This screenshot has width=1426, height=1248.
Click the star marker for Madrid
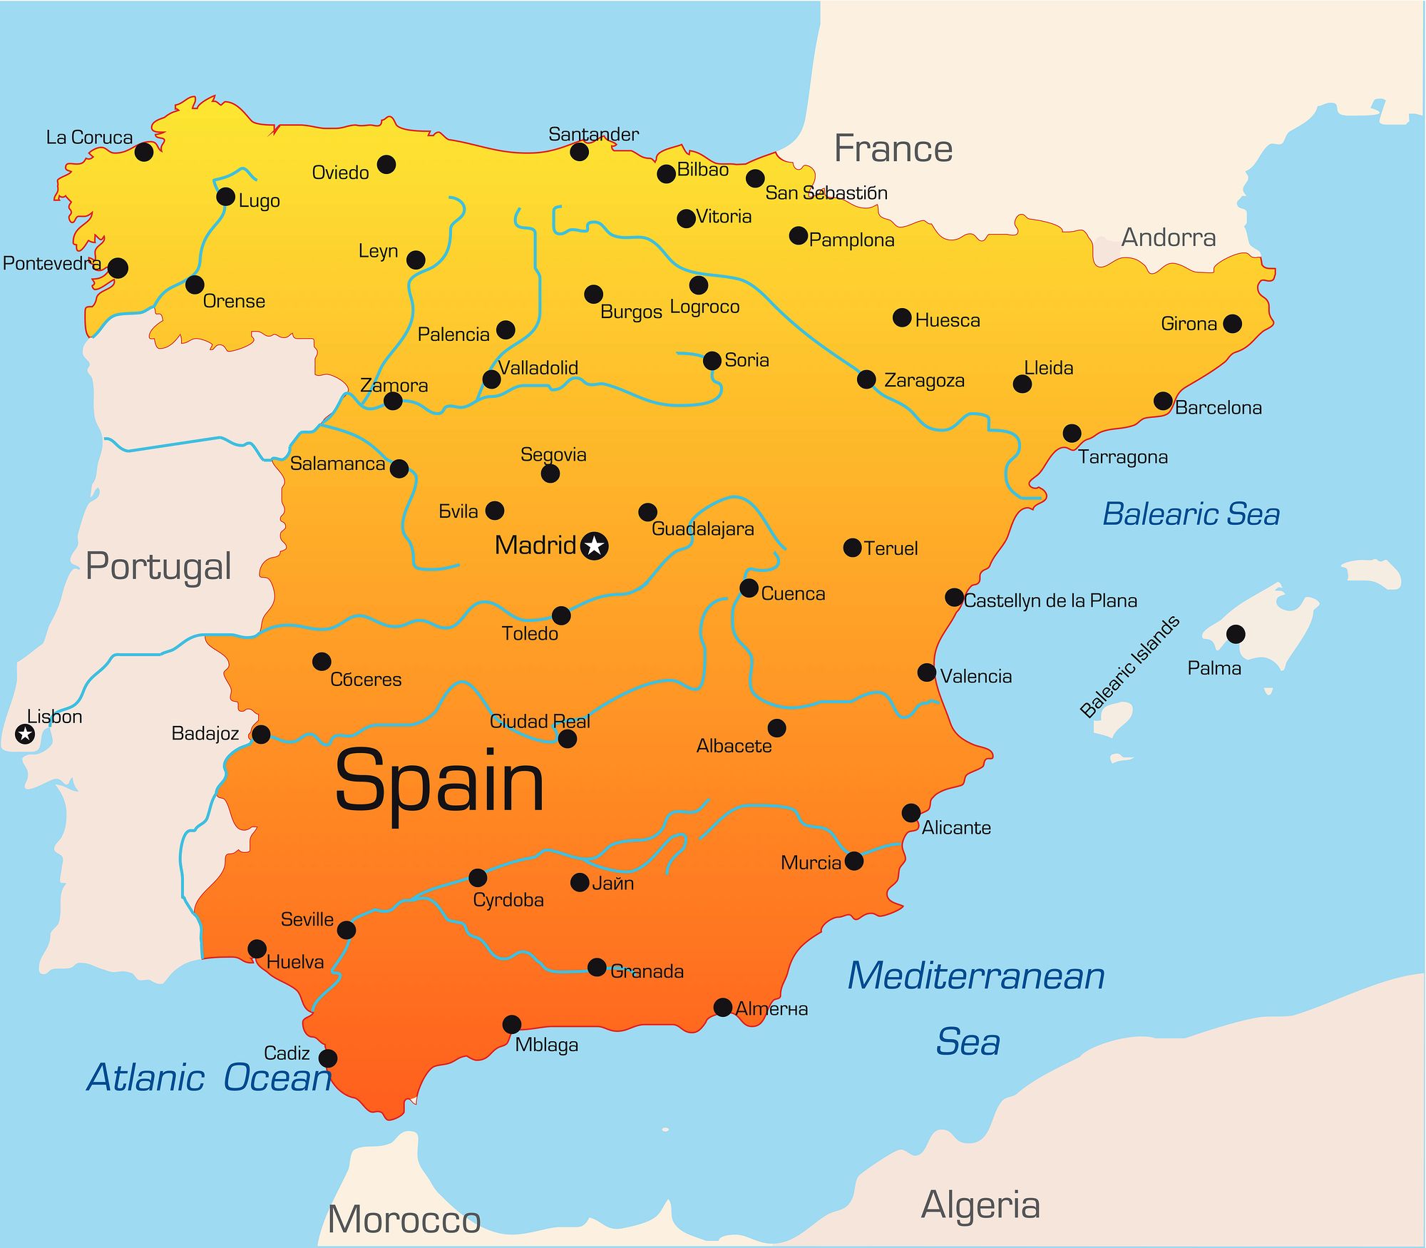pyautogui.click(x=594, y=546)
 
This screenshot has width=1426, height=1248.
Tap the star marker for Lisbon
pyautogui.click(x=25, y=733)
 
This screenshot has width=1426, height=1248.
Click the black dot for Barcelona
pyautogui.click(x=1163, y=401)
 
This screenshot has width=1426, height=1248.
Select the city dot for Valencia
pyautogui.click(x=927, y=672)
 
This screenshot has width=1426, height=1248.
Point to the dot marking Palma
pyautogui.click(x=1236, y=634)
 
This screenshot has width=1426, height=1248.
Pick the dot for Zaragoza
pyautogui.click(x=866, y=379)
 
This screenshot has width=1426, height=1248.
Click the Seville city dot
pyautogui.click(x=347, y=930)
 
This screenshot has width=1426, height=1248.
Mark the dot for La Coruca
pyautogui.click(x=144, y=151)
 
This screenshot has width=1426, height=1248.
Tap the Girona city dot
pyautogui.click(x=1232, y=323)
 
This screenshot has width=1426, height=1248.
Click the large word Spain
pyautogui.click(x=439, y=783)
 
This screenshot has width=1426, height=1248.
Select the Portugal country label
pyautogui.click(x=158, y=567)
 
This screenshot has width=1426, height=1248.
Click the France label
pyautogui.click(x=893, y=149)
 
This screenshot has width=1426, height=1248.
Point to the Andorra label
pyautogui.click(x=1168, y=237)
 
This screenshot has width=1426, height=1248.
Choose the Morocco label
pyautogui.click(x=404, y=1219)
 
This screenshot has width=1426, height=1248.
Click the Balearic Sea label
pyautogui.click(x=1191, y=514)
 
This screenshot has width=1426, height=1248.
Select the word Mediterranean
pyautogui.click(x=975, y=976)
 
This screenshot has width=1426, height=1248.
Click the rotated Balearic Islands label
pyautogui.click(x=1129, y=667)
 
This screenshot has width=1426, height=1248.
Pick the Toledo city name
pyautogui.click(x=530, y=633)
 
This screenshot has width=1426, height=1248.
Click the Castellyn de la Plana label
pyautogui.click(x=1050, y=600)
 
